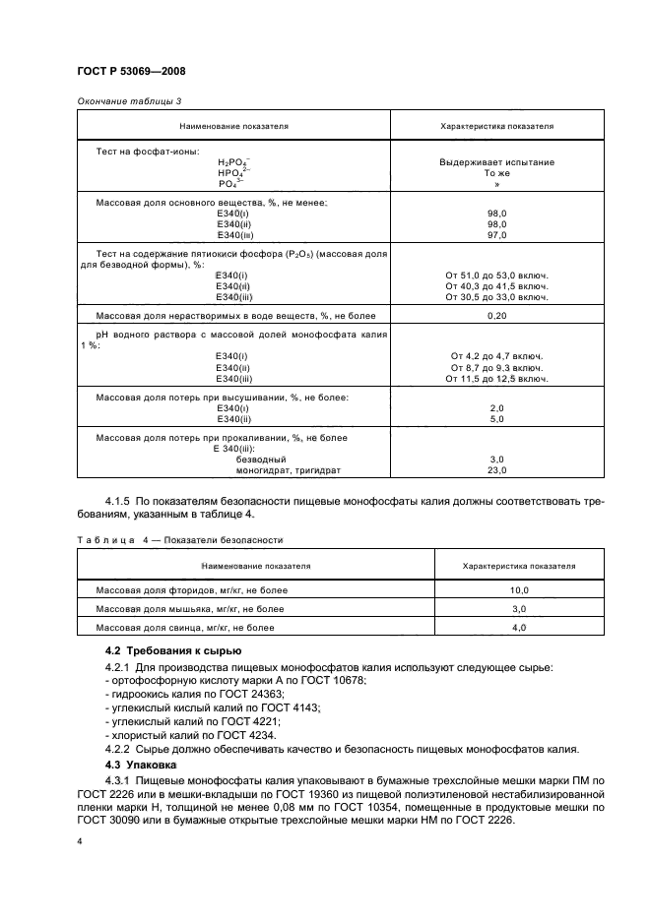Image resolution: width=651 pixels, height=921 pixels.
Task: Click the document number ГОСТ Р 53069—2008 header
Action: (131, 72)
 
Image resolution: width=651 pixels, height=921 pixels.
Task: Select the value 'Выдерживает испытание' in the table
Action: (496, 161)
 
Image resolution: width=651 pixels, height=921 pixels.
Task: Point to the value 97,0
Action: (496, 235)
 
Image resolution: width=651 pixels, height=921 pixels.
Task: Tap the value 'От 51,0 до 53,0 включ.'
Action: (496, 275)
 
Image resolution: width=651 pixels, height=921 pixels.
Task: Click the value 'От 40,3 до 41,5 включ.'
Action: (496, 285)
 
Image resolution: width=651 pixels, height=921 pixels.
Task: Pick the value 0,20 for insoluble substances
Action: (496, 316)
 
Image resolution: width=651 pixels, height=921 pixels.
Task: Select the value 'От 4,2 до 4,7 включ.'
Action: (496, 355)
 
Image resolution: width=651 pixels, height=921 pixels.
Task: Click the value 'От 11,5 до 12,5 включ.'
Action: (496, 378)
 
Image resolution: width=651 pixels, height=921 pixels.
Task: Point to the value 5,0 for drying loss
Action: (496, 419)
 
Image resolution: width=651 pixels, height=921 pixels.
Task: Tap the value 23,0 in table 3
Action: (496, 470)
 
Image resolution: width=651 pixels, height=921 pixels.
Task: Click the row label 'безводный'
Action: (260, 460)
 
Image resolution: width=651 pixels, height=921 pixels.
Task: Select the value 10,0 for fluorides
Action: (519, 589)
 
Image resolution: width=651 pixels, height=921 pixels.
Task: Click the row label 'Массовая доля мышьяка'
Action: (189, 609)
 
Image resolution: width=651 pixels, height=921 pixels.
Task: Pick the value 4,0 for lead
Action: (519, 627)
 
